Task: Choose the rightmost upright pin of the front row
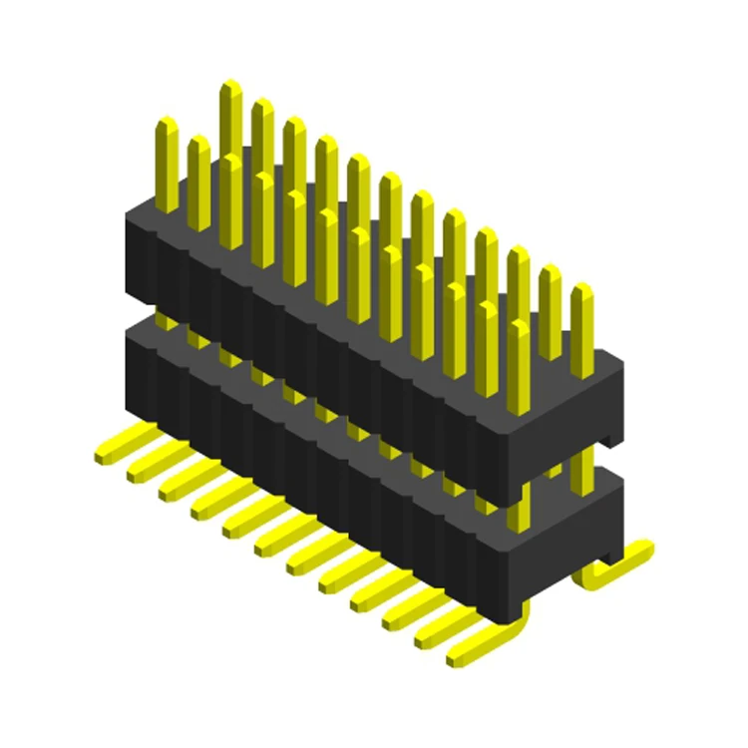click(x=519, y=364)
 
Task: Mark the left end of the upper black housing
click(x=141, y=254)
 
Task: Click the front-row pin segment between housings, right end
click(x=519, y=509)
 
